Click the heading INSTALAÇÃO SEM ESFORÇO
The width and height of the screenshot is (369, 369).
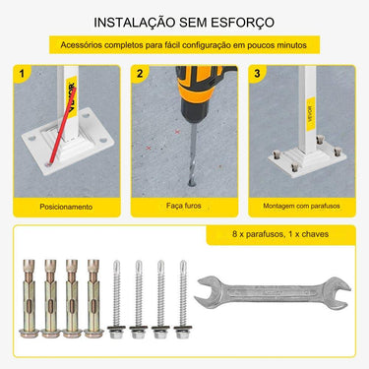click(x=184, y=21)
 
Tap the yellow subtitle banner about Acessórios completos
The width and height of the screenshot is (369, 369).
click(x=184, y=46)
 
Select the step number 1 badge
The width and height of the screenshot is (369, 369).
click(x=22, y=73)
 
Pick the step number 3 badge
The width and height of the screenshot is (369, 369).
click(x=257, y=73)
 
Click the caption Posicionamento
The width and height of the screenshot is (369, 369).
click(x=66, y=207)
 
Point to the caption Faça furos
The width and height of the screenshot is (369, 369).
click(x=184, y=207)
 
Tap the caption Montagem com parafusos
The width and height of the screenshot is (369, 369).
click(x=301, y=207)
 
